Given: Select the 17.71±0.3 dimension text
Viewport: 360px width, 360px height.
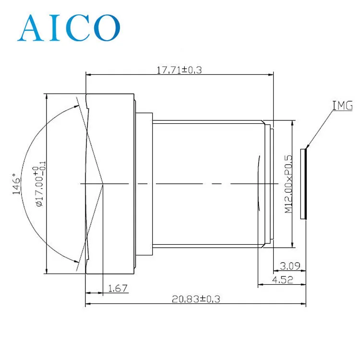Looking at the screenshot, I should pyautogui.click(x=180, y=70).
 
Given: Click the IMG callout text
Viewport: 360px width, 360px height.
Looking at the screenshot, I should pyautogui.click(x=342, y=105).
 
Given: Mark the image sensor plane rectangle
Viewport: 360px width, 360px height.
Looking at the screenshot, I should pyautogui.click(x=303, y=184).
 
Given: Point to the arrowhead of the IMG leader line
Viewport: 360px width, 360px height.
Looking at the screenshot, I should pyautogui.click(x=307, y=146).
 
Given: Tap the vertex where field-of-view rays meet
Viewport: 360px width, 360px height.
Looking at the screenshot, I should pyautogui.click(x=103, y=183).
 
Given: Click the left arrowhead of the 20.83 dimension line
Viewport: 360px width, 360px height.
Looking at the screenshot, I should pyautogui.click(x=87, y=304).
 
